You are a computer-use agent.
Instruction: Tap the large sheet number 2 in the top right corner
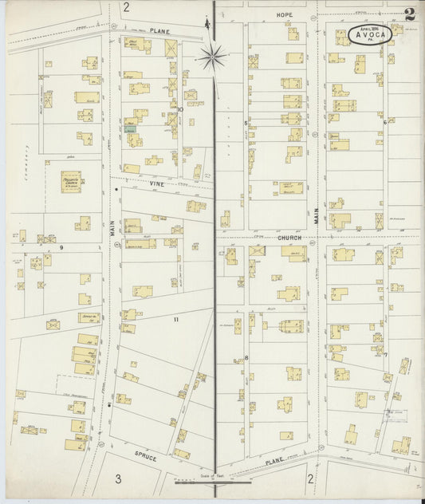point(409,14)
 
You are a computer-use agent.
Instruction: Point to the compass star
point(213,56)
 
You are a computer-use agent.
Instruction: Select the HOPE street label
point(284,15)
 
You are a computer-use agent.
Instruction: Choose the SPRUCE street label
point(145,460)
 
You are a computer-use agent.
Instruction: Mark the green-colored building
point(130,127)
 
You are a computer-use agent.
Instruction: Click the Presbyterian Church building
point(74,181)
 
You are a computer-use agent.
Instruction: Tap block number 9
point(61,248)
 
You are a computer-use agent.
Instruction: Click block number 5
point(246,124)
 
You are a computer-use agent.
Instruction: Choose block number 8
point(246,357)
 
